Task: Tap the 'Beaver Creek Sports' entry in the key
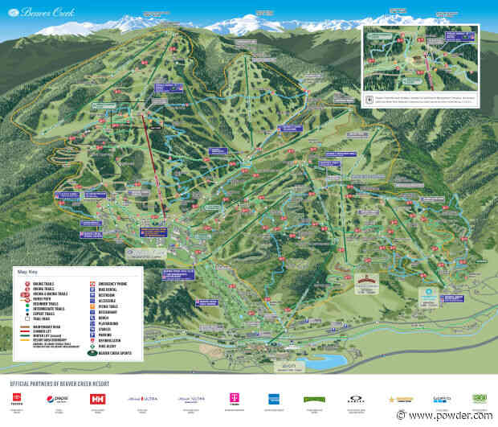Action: click(x=104, y=355)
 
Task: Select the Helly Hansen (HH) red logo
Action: click(x=98, y=399)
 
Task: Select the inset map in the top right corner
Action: click(x=427, y=68)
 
